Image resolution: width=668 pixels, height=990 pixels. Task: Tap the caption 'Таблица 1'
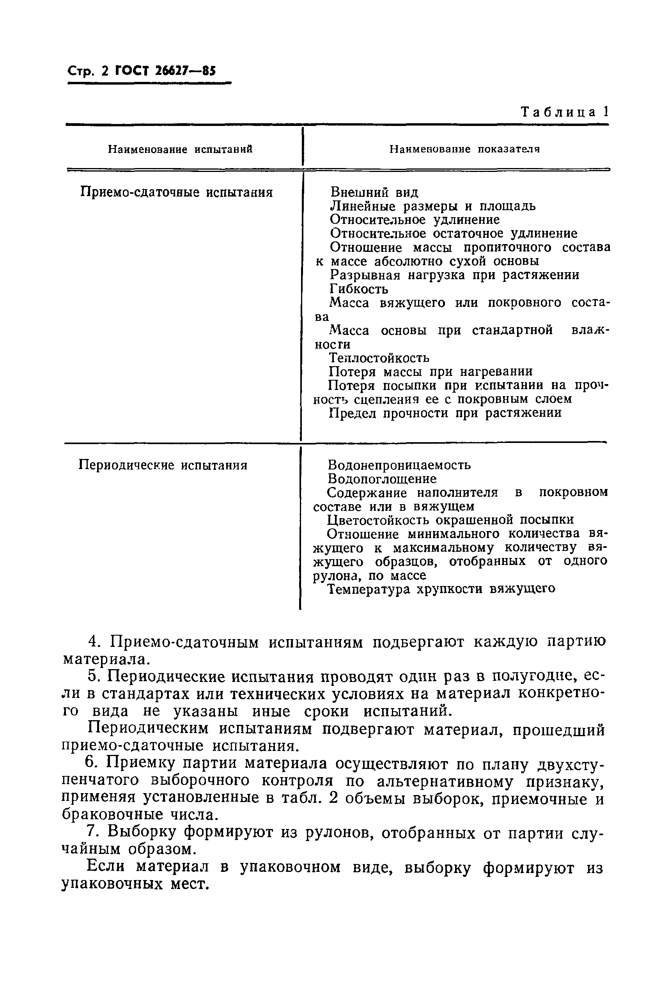pos(565,112)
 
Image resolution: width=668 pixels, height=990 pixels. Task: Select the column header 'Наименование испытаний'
pos(180,149)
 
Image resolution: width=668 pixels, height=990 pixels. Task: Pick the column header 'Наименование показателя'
pos(465,149)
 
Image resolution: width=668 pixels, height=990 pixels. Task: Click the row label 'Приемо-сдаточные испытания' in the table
pos(176,193)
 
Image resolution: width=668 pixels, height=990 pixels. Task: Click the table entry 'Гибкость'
pos(359,289)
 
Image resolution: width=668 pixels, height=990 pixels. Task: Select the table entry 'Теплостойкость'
pos(379,358)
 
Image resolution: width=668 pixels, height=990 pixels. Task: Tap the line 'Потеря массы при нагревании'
pos(431,372)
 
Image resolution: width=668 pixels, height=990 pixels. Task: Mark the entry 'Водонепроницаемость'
pos(399,465)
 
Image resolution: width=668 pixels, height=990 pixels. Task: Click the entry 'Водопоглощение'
pos(382,479)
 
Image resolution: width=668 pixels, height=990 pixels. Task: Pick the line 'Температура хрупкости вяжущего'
pos(441,589)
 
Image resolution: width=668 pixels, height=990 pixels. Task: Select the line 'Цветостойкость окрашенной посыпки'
pos(450,520)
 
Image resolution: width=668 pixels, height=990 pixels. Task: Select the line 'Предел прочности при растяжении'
pos(445,413)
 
